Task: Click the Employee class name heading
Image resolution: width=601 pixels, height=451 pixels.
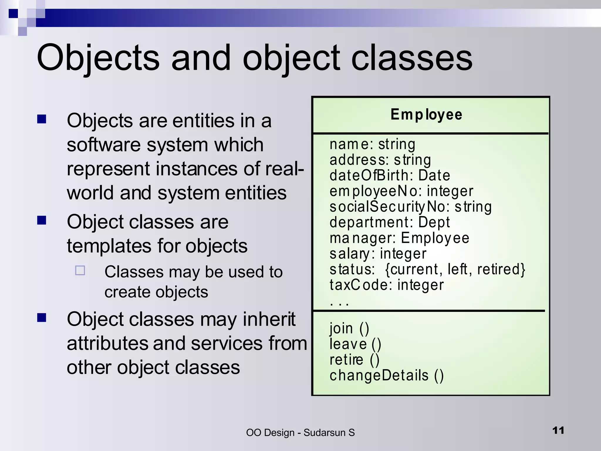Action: pos(426,115)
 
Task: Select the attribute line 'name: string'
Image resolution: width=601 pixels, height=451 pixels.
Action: pos(372,144)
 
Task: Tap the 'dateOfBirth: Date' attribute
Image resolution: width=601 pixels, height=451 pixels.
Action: pos(390,176)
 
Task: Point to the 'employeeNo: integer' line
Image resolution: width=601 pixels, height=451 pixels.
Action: pos(401,191)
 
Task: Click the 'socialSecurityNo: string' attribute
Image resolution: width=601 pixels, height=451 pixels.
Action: pos(410,207)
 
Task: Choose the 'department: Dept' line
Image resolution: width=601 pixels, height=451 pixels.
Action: pos(389,222)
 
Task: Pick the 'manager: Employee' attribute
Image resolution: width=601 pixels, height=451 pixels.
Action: pos(399,238)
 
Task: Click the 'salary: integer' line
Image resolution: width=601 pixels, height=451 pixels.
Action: pos(378,254)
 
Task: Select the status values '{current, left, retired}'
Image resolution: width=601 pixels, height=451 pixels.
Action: pos(455,269)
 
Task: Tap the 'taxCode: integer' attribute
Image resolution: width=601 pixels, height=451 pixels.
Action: pos(386,285)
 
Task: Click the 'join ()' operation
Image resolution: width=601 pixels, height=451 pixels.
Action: pos(349,328)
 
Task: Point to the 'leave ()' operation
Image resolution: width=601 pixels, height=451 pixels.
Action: pos(355,344)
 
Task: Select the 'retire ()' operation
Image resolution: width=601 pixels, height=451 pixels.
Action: pos(354,360)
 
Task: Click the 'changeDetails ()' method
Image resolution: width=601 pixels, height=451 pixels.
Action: pos(386,376)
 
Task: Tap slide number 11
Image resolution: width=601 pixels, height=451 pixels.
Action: pos(558,430)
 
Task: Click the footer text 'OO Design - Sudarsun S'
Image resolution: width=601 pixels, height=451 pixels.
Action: pos(300,433)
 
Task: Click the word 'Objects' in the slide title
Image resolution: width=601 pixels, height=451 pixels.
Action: pos(98,58)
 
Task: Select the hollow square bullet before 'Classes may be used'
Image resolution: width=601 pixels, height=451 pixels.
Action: pos(80,270)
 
